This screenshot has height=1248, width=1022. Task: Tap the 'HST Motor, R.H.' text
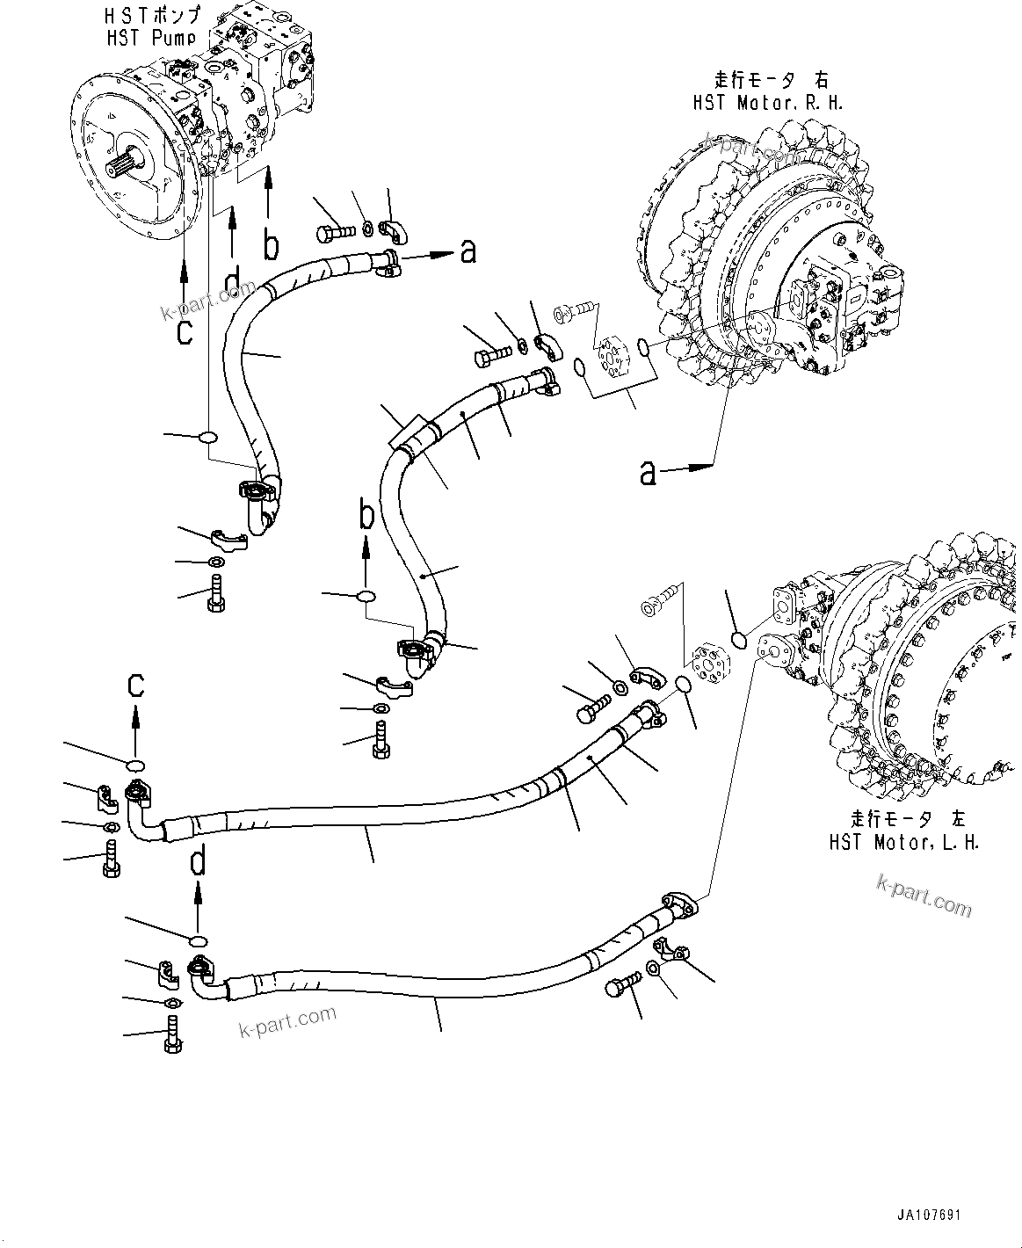click(x=766, y=103)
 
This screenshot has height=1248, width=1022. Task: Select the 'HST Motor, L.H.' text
click(x=904, y=842)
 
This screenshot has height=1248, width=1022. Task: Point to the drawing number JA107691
click(x=929, y=1215)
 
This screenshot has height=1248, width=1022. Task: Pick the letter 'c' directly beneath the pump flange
click(x=185, y=332)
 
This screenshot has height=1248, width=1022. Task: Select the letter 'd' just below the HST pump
click(x=233, y=283)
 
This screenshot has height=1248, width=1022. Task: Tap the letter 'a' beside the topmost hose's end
click(x=468, y=252)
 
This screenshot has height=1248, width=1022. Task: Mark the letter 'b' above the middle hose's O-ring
click(x=367, y=513)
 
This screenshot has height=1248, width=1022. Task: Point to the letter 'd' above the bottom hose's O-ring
click(x=199, y=860)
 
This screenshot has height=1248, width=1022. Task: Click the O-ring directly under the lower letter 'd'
click(x=199, y=941)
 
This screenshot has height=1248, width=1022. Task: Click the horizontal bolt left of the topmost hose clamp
click(x=335, y=233)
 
